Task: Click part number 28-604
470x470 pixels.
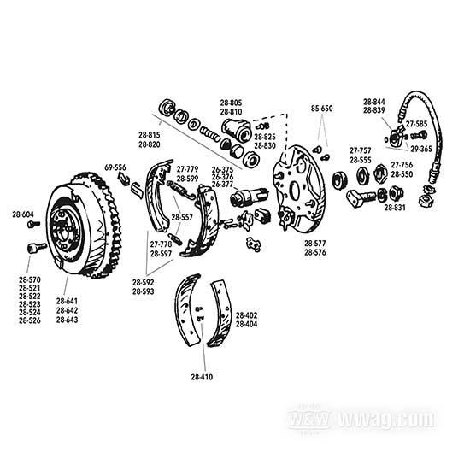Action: tap(23, 214)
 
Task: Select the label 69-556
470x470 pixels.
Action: tap(115, 167)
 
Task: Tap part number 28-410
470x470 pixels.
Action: tap(202, 377)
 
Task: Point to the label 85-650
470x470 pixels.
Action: tap(322, 109)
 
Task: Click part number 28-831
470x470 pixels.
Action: tap(395, 207)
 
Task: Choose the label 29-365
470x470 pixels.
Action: tap(421, 149)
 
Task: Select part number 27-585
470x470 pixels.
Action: tap(417, 124)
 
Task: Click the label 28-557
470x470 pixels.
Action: tap(182, 217)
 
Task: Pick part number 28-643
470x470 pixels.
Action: tap(68, 320)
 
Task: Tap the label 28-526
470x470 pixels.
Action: tap(30, 320)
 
